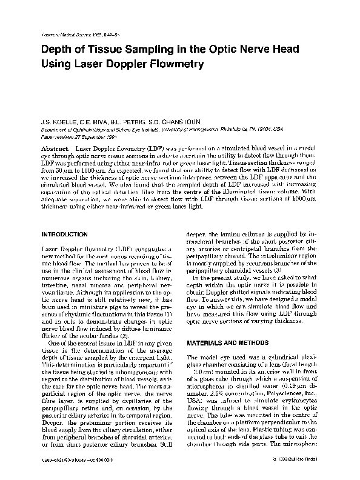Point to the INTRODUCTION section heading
point(65,216)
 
